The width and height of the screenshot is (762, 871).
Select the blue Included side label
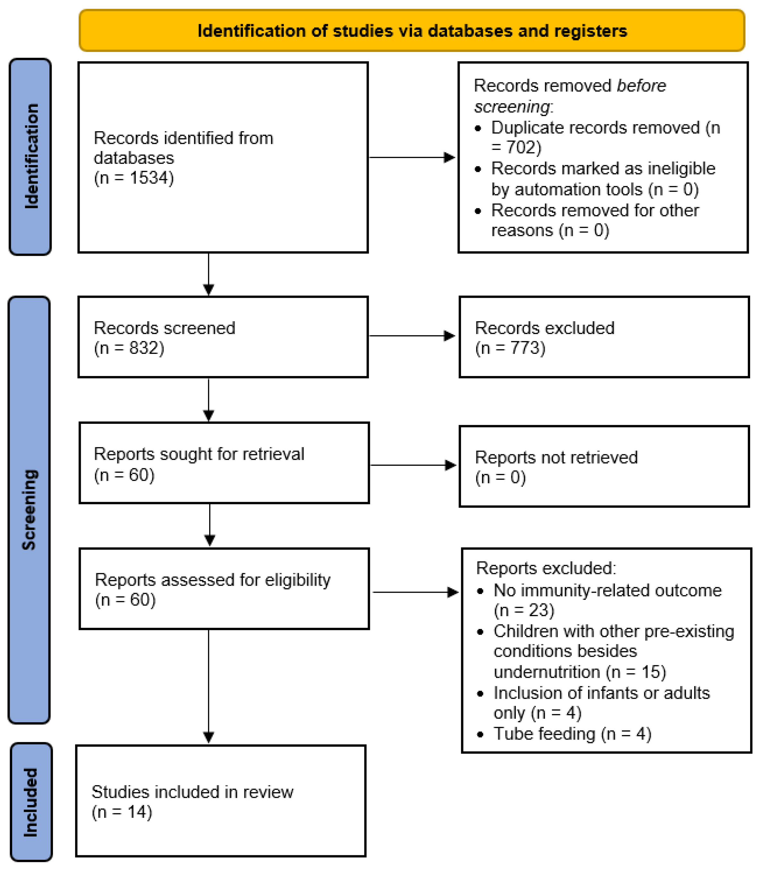(30, 802)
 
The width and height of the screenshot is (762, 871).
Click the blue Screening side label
(29, 509)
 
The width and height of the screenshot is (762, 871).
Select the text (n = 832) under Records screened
(129, 348)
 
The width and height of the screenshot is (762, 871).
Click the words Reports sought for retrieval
(199, 454)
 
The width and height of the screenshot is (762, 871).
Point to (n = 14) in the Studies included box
(122, 812)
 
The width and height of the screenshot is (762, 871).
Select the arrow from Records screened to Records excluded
(412, 336)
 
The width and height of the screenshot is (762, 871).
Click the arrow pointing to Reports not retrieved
(413, 465)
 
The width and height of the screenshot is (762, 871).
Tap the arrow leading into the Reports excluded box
(415, 592)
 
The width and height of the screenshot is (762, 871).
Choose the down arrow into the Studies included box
(208, 688)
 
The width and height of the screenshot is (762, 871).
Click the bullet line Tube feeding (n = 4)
(572, 733)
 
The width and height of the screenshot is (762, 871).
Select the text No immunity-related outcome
(607, 590)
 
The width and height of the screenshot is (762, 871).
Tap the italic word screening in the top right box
(511, 106)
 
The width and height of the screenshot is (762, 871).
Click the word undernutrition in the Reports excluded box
(546, 672)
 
